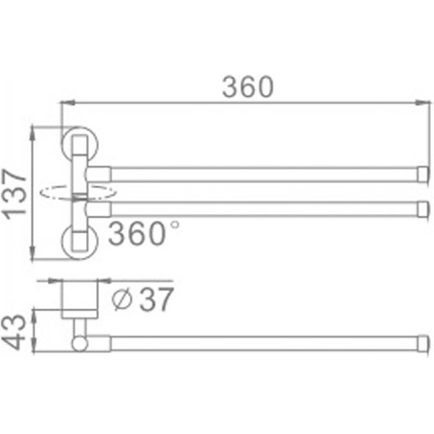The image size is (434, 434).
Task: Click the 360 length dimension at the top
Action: [248, 87]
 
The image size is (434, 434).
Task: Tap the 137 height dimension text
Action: [14, 194]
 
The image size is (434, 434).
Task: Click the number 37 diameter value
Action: [157, 299]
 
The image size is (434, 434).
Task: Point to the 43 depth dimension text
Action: [13, 332]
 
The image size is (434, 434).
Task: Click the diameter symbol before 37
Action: [122, 299]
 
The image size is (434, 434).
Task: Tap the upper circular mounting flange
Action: [80, 144]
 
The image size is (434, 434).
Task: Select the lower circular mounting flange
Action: [80, 242]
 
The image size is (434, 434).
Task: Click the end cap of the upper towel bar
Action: [423, 174]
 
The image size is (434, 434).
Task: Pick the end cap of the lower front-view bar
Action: [423, 209]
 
